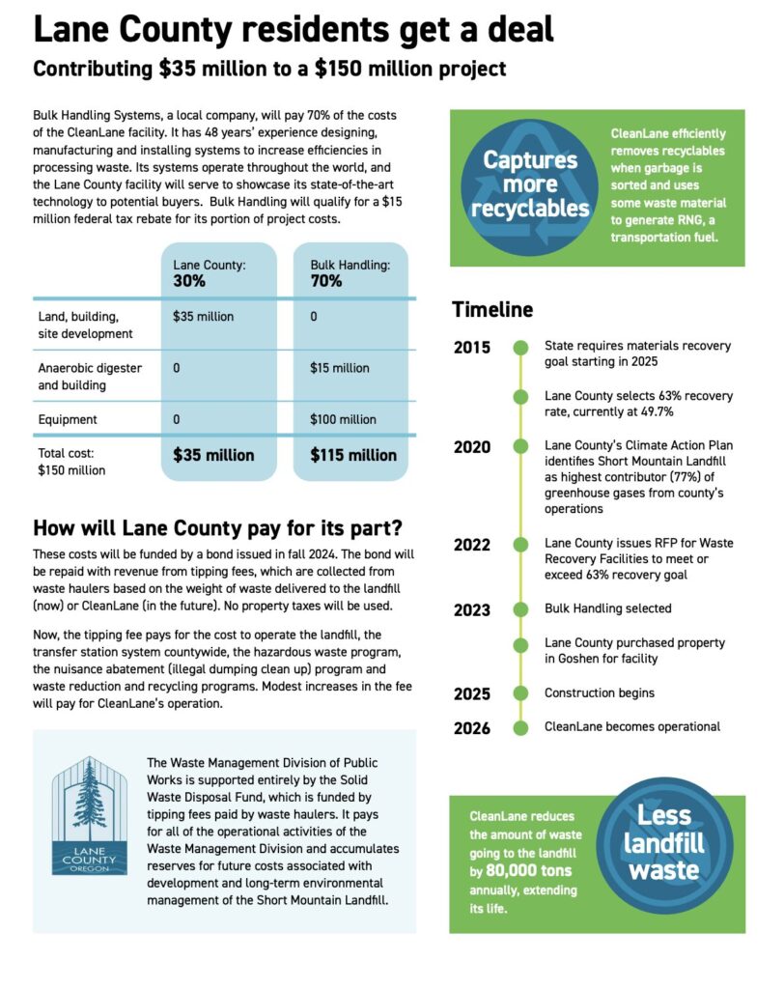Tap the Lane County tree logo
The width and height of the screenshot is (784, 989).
coord(89,815)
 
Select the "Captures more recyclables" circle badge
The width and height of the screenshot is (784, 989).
coord(530,184)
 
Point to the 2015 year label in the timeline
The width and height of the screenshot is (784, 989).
coord(472,348)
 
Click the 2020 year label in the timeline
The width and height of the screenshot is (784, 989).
coord(472,446)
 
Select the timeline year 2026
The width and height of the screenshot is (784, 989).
coord(472,728)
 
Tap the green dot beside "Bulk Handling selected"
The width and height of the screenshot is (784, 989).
coord(520,609)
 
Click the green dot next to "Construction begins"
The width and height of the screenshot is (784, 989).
coord(520,692)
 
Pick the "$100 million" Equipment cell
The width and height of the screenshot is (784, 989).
coord(343,419)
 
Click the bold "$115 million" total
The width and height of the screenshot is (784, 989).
coord(352,455)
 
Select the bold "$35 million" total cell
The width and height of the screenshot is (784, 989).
coord(213,455)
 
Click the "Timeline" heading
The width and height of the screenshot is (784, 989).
coord(492,309)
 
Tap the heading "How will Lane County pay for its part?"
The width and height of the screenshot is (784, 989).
coord(217,528)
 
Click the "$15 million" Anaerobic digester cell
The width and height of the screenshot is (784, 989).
coord(339,368)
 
